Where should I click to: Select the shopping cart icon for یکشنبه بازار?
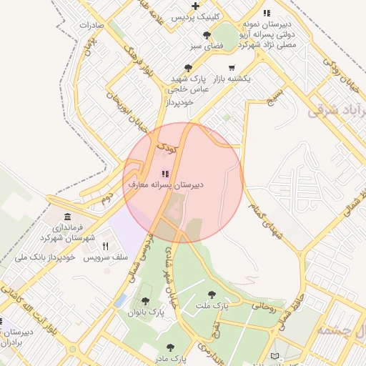click(230, 68)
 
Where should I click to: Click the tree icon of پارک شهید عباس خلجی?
click(188, 68)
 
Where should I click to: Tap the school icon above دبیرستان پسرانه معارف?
click(166, 174)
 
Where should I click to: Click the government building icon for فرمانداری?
click(67, 217)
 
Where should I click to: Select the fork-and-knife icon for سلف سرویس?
click(106, 246)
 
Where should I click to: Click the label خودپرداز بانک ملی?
click(48, 256)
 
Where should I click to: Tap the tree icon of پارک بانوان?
click(146, 301)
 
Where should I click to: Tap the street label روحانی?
click(262, 307)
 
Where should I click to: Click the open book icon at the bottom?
click(276, 355)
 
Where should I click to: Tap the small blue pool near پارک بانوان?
click(121, 300)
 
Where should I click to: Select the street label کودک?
click(166, 149)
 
